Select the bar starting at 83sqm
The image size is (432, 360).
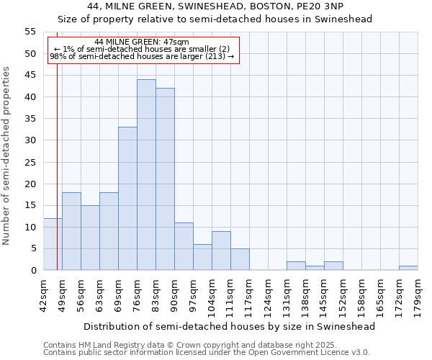click(165, 179)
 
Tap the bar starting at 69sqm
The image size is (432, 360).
click(127, 199)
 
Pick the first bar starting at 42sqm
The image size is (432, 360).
click(53, 244)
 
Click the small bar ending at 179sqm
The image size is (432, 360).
click(408, 268)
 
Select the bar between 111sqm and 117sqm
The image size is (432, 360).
click(240, 259)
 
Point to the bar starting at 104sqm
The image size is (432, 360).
click(221, 251)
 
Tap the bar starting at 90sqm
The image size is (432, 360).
click(184, 246)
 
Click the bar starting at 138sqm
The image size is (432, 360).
click(315, 268)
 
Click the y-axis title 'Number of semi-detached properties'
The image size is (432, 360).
click(6, 155)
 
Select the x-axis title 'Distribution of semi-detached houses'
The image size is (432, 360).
click(229, 326)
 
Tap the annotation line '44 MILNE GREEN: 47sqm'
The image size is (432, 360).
click(142, 42)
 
